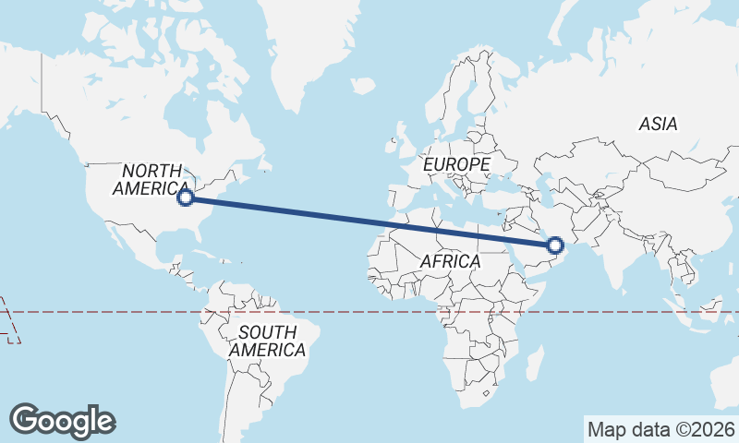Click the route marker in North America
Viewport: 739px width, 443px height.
pos(186,197)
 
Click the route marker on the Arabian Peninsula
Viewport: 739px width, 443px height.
pos(555,245)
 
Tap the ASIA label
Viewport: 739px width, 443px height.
pos(658,124)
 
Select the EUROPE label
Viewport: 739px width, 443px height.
pos(456,164)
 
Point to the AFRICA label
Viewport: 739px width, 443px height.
pos(450,262)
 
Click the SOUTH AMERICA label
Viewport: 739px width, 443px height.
pos(267,341)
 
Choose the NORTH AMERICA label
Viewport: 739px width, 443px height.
pos(152,179)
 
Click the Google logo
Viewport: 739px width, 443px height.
pos(62,421)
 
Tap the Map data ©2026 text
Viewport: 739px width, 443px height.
pos(661,429)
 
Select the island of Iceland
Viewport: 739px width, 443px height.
pos(363,86)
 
